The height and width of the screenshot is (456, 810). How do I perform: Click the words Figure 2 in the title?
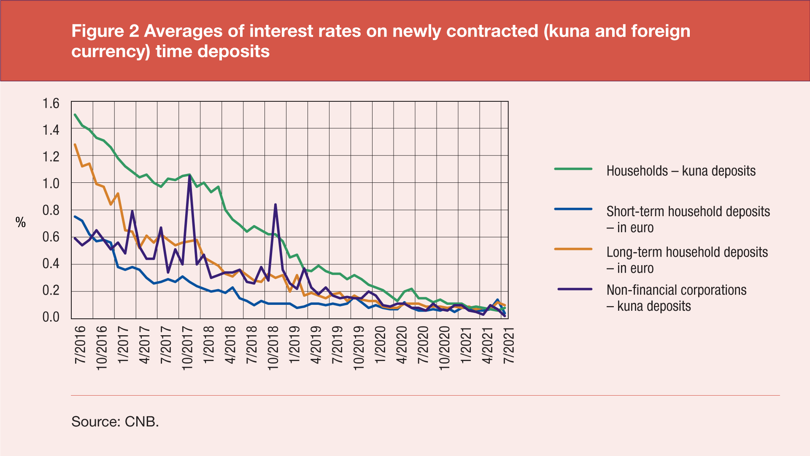105,31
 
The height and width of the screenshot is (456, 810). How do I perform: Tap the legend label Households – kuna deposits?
680,171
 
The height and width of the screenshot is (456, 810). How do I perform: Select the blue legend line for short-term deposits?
573,209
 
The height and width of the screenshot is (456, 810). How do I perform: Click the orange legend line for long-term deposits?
573,249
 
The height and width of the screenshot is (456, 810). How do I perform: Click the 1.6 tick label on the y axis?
51,103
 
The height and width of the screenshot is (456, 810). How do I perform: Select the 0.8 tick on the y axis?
51,210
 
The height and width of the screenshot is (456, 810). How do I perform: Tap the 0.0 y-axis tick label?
51,317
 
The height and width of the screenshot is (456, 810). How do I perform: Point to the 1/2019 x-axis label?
294,345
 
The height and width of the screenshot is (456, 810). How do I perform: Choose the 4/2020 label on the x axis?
401,345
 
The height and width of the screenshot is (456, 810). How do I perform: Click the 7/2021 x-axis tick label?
509,345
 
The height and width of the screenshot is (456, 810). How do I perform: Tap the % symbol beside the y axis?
21,223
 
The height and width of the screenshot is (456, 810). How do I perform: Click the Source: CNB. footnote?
115,421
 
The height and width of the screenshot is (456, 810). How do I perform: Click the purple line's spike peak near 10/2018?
275,205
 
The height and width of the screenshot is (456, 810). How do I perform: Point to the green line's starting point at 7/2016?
75,115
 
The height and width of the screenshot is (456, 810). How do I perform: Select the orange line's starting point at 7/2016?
75,145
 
